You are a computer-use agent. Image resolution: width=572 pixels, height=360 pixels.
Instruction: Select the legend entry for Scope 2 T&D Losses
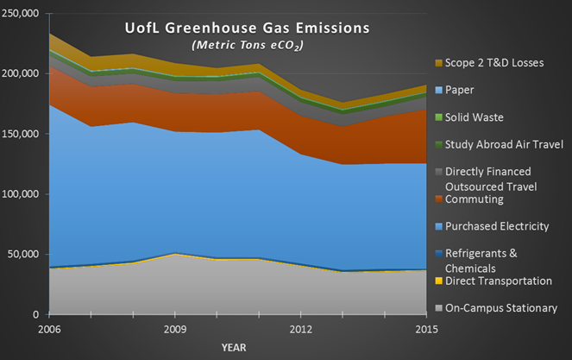click(500, 63)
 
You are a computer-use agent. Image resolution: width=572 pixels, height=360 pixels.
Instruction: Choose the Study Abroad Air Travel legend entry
click(509, 143)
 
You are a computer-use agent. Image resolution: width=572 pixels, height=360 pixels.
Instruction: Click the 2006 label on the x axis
click(50, 330)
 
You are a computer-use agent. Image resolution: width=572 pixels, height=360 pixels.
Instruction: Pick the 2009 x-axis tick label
click(175, 330)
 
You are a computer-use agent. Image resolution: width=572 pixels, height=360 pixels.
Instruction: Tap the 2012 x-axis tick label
click(301, 330)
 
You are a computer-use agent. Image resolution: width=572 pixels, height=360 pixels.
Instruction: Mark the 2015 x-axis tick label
click(426, 330)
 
